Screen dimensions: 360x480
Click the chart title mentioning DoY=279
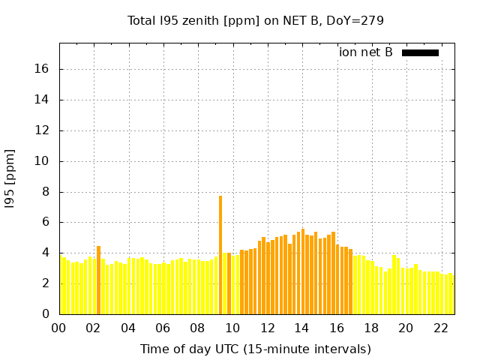point(255,20)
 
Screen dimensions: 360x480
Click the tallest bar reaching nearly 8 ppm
point(220,255)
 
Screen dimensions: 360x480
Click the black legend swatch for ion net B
point(420,52)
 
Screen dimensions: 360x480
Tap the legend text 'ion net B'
point(365,52)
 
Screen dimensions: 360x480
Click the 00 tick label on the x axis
point(59,328)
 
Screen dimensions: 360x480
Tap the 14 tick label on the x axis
point(301,328)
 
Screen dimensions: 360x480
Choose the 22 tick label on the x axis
point(440,328)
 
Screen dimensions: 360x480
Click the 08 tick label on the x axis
point(198,328)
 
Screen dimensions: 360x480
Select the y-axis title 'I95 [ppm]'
point(10,179)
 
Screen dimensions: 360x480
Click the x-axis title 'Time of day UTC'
point(255,349)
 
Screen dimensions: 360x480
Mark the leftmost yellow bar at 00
point(62,286)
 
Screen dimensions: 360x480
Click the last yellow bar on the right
point(451,293)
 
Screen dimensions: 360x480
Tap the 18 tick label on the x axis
point(371,328)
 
